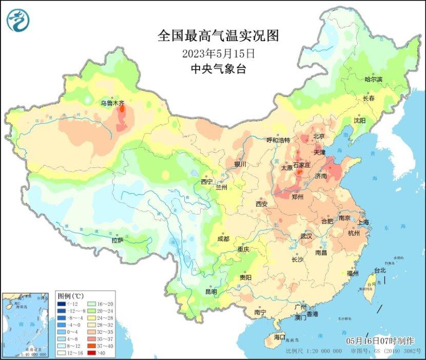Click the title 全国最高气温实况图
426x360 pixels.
(x=219, y=36)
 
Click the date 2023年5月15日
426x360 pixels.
(x=219, y=53)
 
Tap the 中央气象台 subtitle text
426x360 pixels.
(x=219, y=69)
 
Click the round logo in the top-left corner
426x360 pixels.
(x=18, y=20)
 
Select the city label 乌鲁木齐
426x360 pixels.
(x=111, y=103)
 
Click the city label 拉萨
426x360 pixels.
(x=118, y=240)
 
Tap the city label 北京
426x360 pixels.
(x=319, y=136)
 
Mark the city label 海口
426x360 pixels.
(x=279, y=337)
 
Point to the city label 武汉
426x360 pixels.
(x=306, y=236)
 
